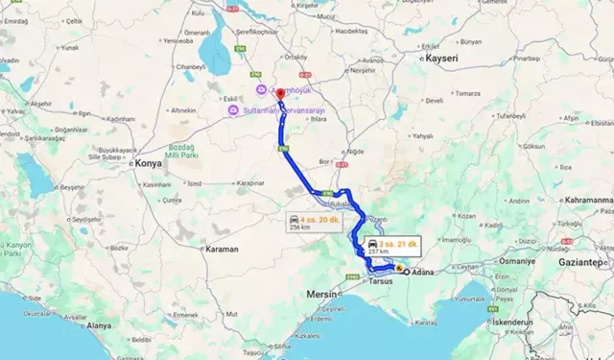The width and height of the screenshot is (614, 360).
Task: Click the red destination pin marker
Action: [279, 94]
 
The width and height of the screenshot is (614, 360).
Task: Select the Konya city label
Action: [149, 164]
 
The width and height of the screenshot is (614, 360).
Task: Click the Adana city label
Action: [425, 273]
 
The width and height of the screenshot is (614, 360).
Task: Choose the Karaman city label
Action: [222, 249]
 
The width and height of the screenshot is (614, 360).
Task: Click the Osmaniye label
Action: [517, 261]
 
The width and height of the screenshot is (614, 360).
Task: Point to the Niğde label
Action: [355, 151]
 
